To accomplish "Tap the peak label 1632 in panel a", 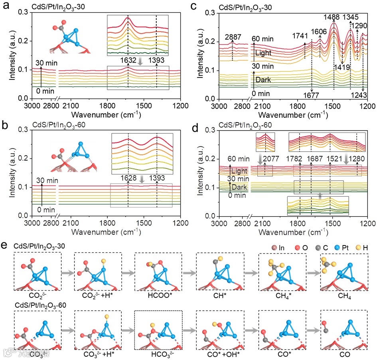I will pos(127,60).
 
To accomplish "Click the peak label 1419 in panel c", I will pos(342,67).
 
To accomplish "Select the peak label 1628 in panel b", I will pos(127,176).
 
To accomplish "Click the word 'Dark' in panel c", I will pos(263,80).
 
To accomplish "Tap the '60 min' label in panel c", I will pos(265,39).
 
